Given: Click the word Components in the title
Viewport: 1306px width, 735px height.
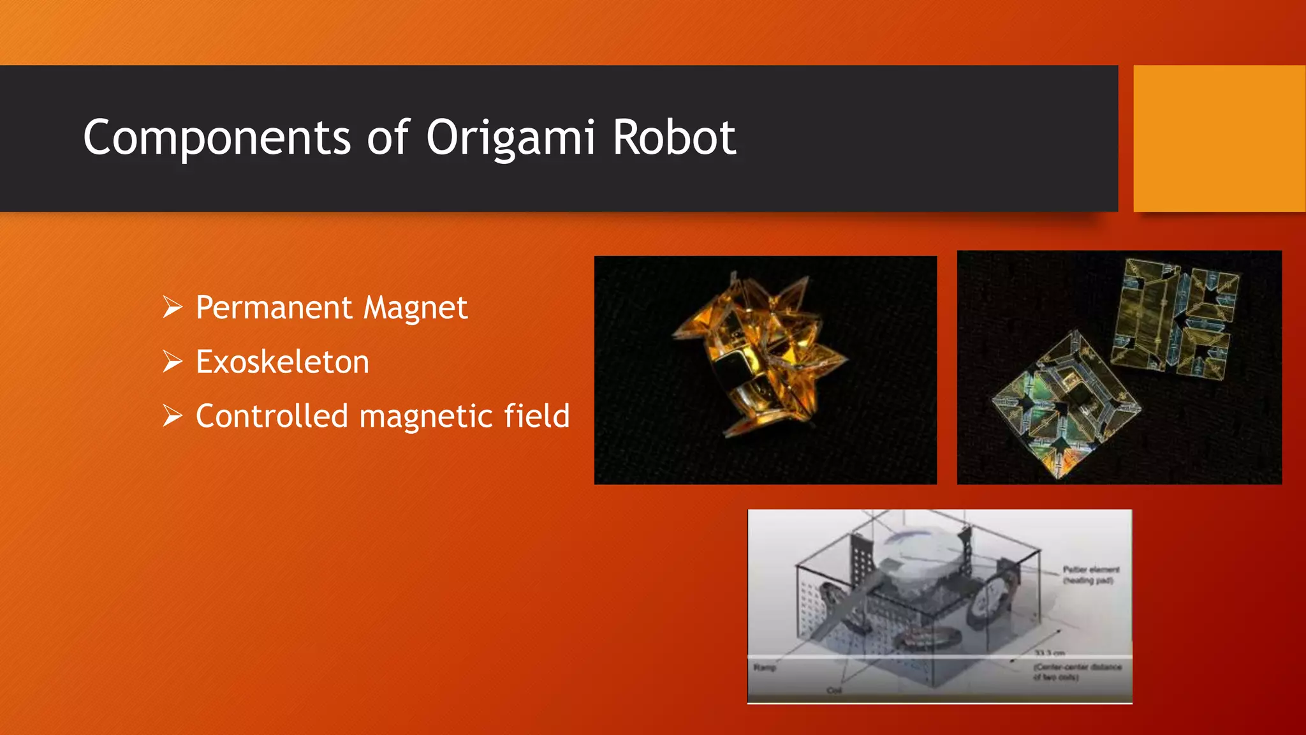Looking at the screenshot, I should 217,138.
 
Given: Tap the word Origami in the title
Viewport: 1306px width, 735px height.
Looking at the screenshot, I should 510,138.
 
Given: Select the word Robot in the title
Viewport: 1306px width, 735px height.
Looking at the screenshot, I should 674,138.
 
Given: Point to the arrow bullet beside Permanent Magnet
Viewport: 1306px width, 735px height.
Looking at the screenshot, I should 172,308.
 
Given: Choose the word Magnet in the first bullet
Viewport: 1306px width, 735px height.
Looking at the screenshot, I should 415,308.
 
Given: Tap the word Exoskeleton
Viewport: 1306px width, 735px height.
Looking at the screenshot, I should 282,362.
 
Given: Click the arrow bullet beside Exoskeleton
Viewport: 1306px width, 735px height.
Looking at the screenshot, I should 172,362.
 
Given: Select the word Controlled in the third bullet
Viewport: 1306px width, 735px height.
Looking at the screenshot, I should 272,416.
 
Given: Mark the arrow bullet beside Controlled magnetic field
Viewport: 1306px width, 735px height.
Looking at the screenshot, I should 172,416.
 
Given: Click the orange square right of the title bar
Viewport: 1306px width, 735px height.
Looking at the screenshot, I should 1219,138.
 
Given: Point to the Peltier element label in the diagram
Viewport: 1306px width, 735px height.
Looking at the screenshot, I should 1090,574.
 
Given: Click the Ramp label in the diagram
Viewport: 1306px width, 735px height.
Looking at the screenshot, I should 765,667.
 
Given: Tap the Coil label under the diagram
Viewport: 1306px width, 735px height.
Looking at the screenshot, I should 834,690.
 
